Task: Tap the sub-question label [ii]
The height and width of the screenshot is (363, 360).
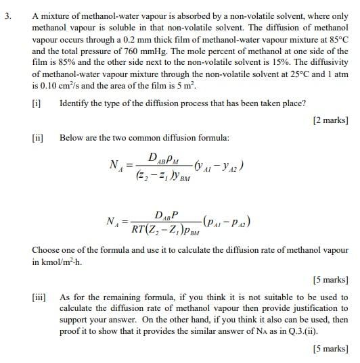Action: [x=38, y=137]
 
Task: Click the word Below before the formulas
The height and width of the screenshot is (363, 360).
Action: [x=72, y=137]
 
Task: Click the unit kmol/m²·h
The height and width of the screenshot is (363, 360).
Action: [x=60, y=262]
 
